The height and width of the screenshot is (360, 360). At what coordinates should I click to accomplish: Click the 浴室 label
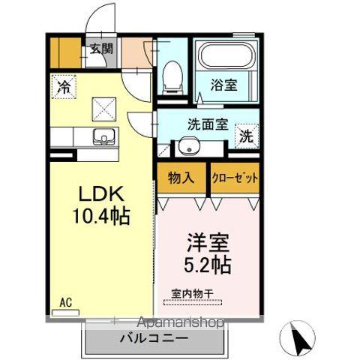[x=223, y=85]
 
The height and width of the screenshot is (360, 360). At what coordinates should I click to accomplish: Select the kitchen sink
[x=101, y=137]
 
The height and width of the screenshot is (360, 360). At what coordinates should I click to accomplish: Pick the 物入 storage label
[x=181, y=178]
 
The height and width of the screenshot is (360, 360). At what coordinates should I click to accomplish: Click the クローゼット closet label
[x=235, y=178]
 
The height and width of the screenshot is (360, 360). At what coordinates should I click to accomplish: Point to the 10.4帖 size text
[x=101, y=218]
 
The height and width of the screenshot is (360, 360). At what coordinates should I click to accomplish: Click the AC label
[x=66, y=302]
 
